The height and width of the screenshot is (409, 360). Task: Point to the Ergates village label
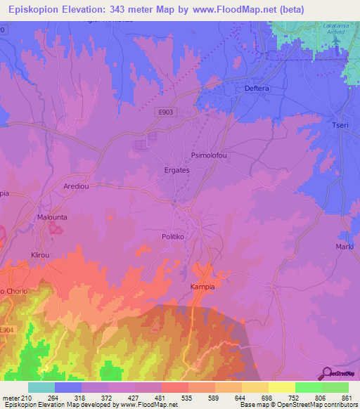click(x=176, y=170)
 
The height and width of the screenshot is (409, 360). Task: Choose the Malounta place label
click(x=52, y=218)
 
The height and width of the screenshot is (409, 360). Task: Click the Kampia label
click(x=202, y=287)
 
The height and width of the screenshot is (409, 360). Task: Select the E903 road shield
click(x=164, y=112)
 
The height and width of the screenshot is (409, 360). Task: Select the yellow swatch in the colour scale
click(x=281, y=387)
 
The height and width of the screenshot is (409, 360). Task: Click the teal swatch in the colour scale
click(x=41, y=387)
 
